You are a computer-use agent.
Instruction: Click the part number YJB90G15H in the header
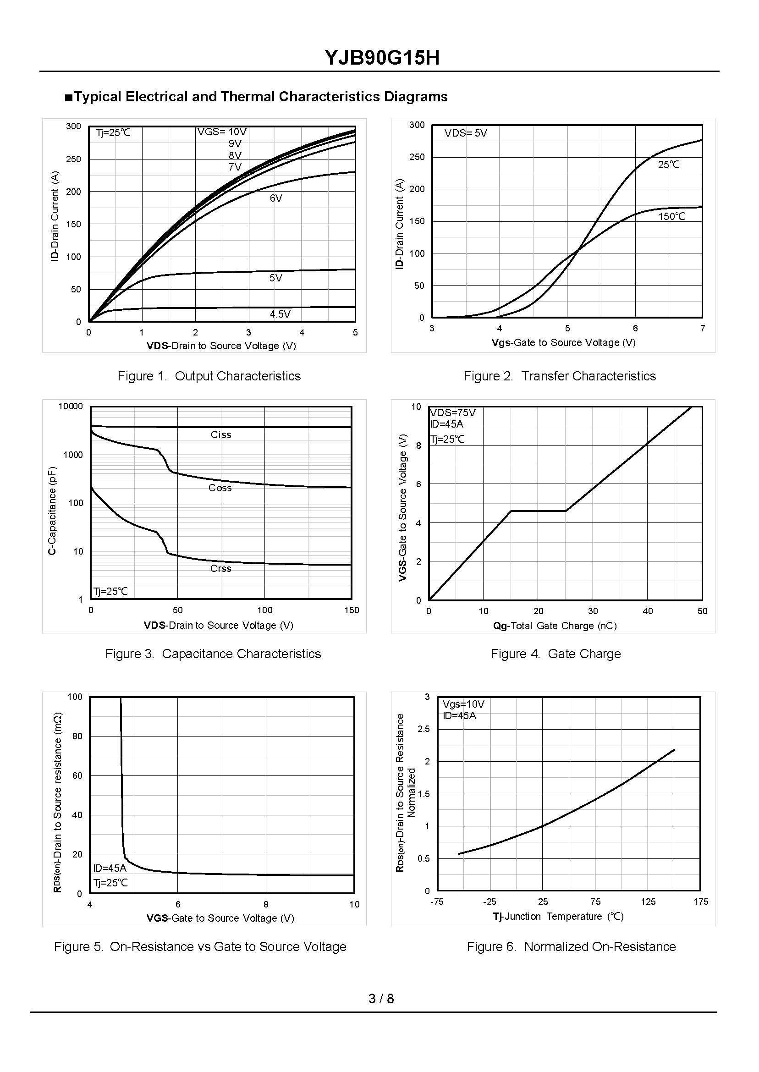coord(382,58)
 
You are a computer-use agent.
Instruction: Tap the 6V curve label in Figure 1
coord(276,198)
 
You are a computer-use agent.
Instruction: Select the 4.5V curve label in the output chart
coord(280,314)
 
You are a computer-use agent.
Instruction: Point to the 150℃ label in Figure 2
coord(671,216)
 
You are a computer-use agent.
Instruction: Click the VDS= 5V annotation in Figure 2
coord(466,133)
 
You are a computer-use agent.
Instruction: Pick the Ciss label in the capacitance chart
coord(220,434)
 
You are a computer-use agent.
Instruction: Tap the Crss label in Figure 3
coord(220,568)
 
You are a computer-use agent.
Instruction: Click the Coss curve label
coord(220,488)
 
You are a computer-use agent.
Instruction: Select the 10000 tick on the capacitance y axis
coord(71,407)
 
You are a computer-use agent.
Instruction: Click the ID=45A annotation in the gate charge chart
coord(447,424)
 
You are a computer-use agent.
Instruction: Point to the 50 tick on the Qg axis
coord(702,611)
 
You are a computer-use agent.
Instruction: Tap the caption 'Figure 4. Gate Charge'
coord(555,654)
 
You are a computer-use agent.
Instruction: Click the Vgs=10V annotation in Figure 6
coord(463,704)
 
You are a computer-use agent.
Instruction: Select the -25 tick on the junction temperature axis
coord(489,902)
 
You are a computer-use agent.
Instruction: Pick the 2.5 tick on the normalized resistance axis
coord(423,729)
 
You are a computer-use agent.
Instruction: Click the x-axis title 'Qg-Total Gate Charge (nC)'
coord(555,626)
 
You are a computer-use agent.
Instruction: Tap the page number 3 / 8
coord(381,999)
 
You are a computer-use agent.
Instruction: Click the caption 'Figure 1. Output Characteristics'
coord(209,376)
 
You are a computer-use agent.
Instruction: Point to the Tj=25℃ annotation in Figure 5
coord(110,883)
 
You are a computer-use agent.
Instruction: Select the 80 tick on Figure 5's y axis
coord(76,736)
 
